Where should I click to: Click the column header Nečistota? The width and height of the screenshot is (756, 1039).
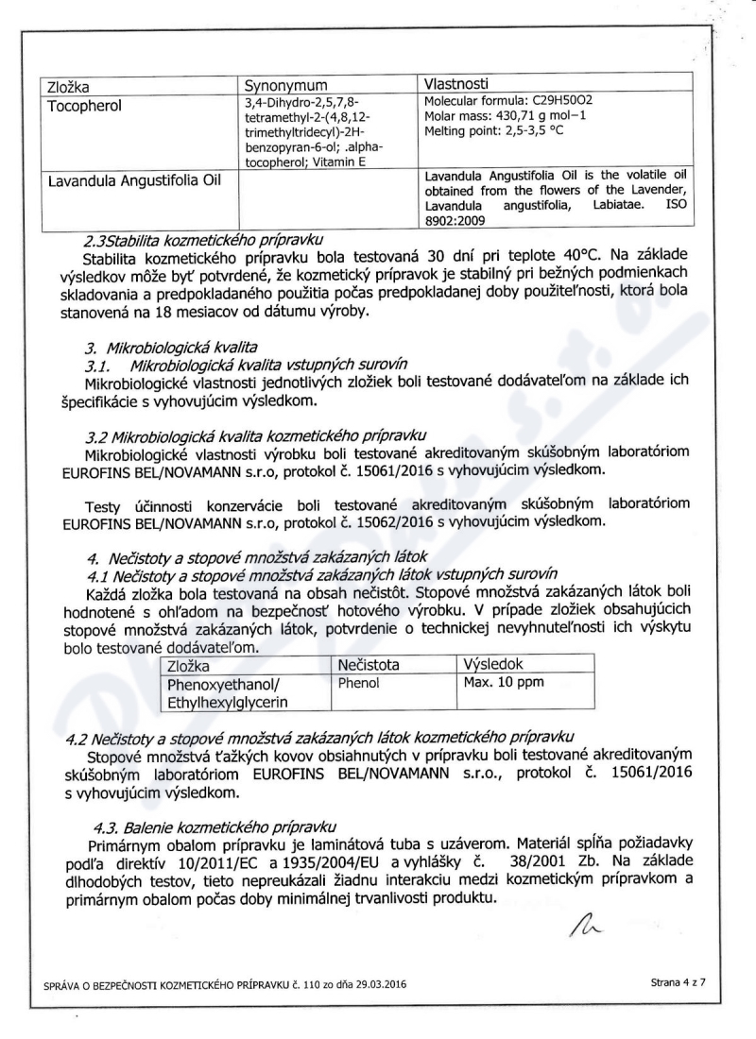coord(369,666)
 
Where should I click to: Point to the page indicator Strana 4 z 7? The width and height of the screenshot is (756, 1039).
coord(679,982)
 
